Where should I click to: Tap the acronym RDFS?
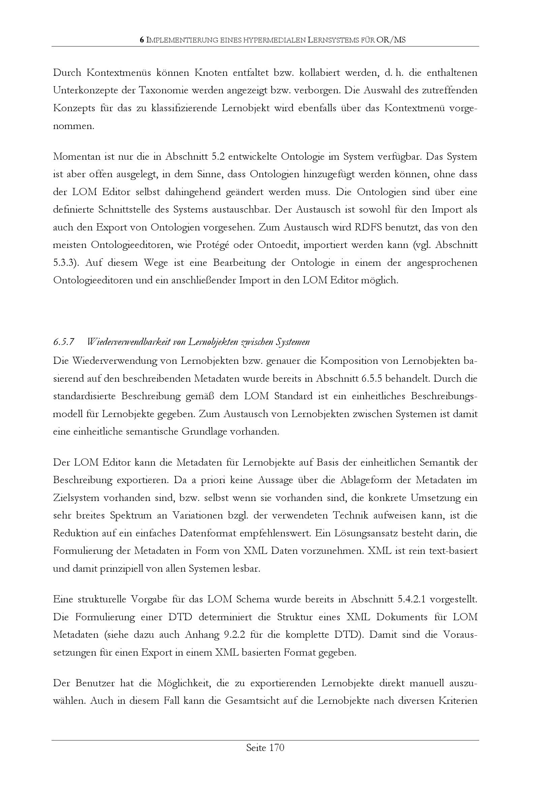coord(367,227)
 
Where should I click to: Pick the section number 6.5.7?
coord(64,342)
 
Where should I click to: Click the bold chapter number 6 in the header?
coord(142,40)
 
